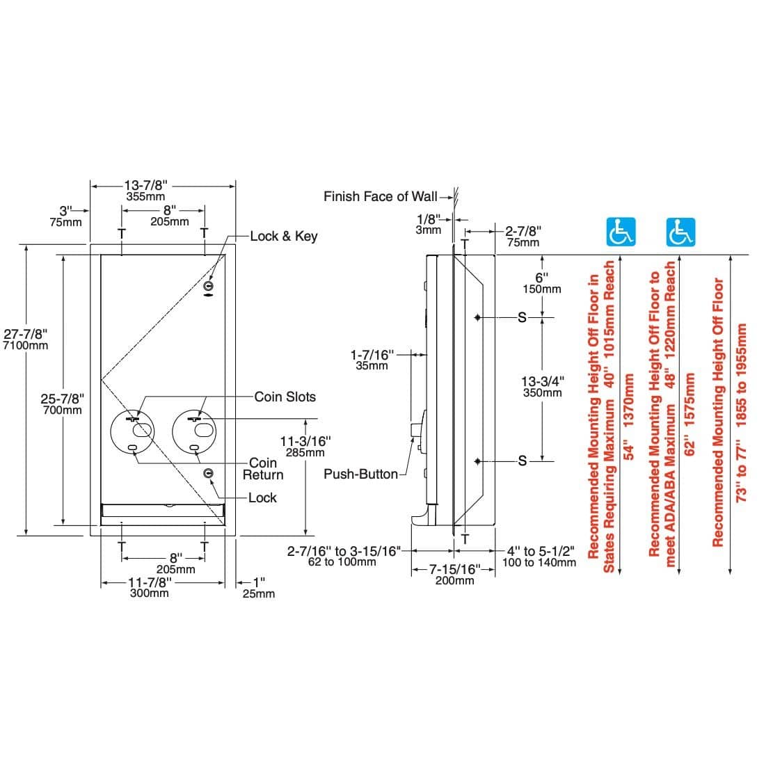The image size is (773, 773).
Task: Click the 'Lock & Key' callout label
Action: (283, 236)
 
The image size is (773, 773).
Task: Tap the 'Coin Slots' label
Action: (285, 397)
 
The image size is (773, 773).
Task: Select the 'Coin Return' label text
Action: (263, 469)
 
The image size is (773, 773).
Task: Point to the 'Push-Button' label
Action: (360, 474)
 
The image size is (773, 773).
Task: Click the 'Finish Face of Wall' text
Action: (380, 197)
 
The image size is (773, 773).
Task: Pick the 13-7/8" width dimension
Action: (145, 186)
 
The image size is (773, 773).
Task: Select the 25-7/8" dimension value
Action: (62, 399)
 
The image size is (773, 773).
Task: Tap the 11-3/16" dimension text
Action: (305, 440)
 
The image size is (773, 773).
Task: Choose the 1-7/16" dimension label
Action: (372, 355)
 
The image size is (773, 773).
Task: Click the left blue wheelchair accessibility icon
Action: (621, 232)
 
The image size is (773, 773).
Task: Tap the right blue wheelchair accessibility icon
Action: (681, 232)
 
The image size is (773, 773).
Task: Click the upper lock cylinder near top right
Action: (208, 286)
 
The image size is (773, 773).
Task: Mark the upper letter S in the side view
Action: (523, 317)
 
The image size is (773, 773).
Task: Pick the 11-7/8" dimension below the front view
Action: (150, 582)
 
